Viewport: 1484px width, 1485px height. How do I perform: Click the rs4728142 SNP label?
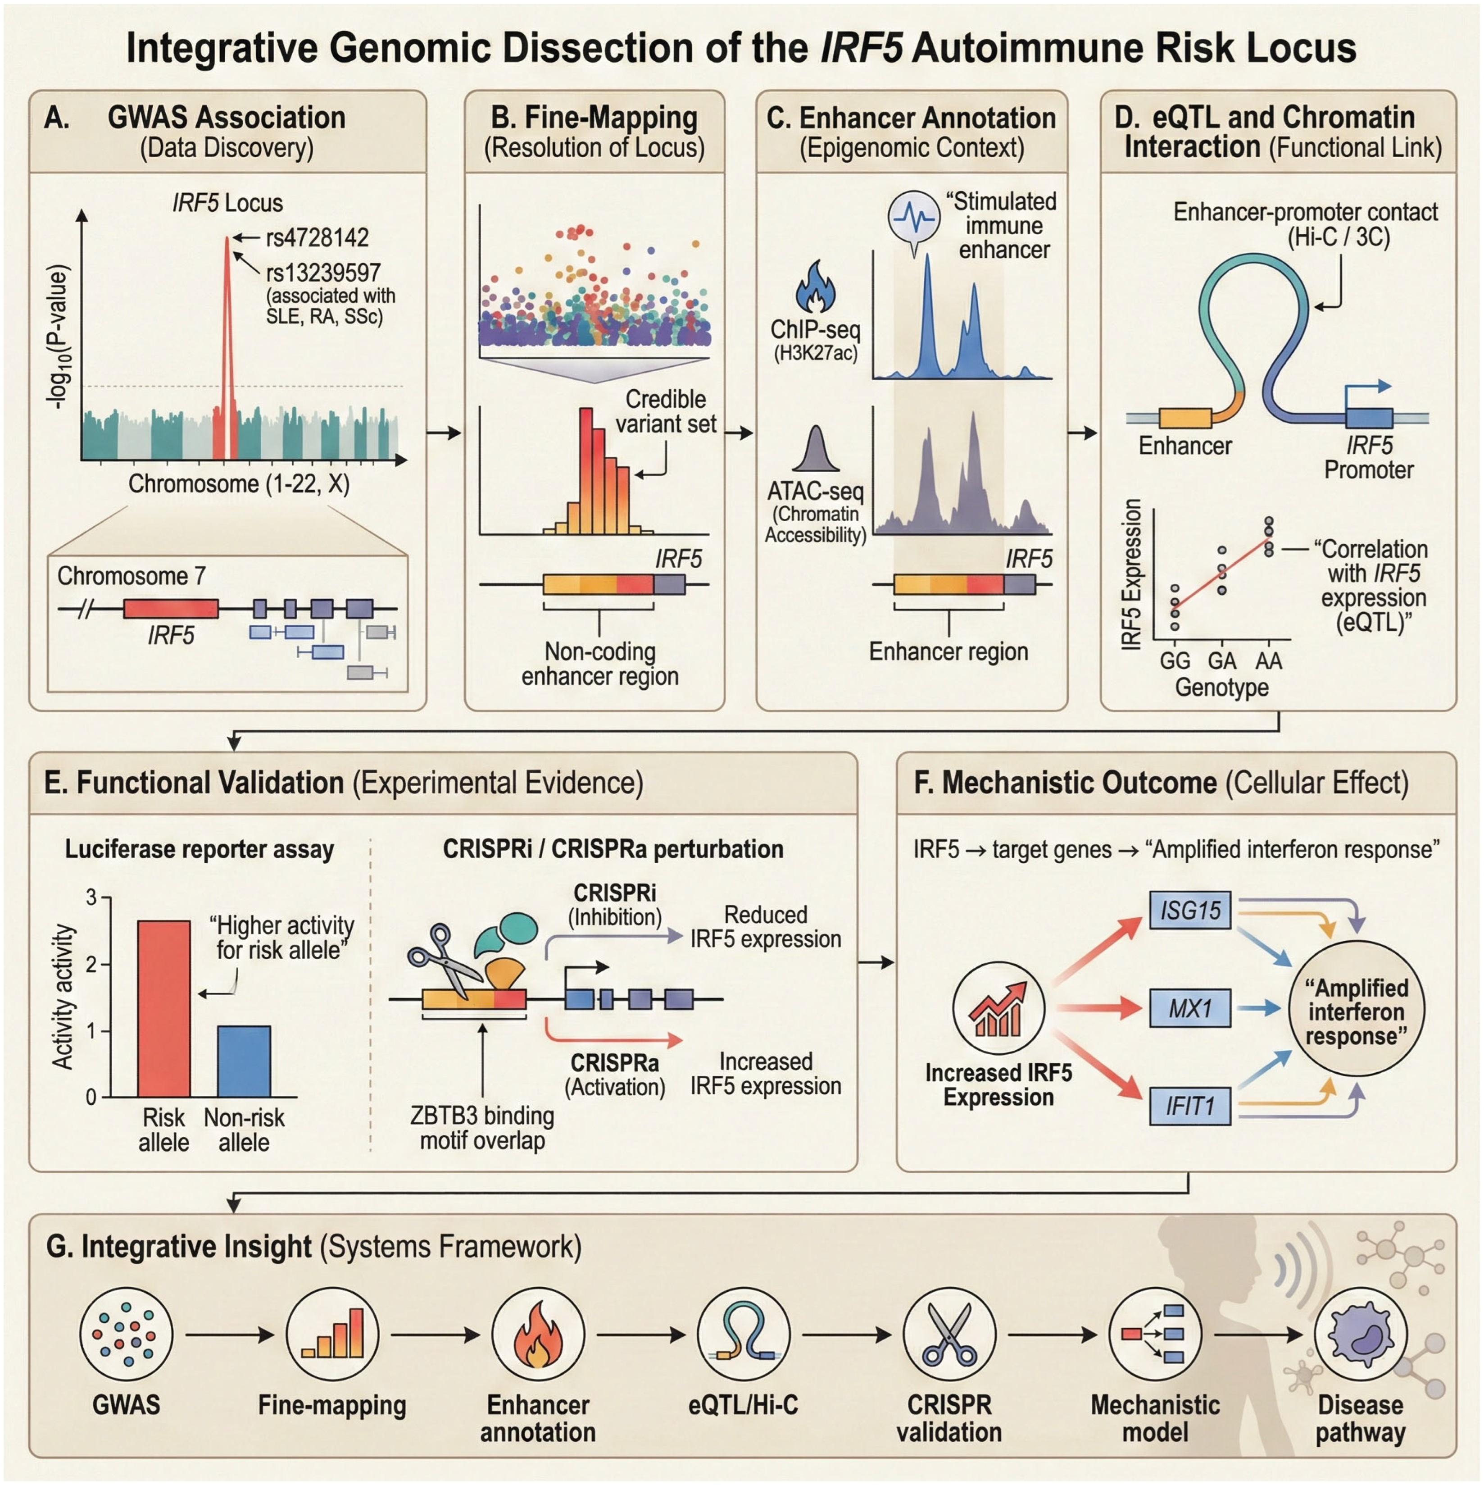[x=317, y=237]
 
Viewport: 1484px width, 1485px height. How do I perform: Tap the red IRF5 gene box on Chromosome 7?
[x=171, y=609]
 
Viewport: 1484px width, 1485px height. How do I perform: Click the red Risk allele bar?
[x=163, y=1008]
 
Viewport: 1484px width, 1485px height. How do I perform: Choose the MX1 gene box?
[x=1189, y=1008]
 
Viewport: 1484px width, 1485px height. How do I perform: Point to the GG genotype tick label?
[x=1174, y=661]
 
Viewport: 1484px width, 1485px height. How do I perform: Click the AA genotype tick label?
[x=1268, y=661]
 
